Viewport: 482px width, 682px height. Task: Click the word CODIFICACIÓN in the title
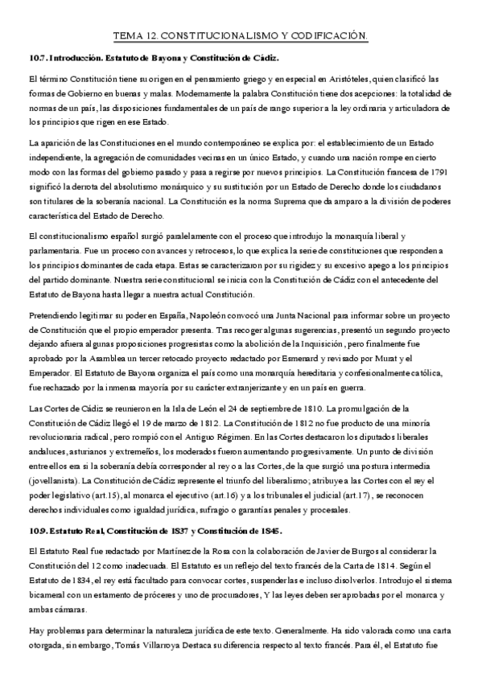328,35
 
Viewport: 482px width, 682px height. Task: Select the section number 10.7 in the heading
37,59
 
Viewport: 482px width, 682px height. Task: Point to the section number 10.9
37,532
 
